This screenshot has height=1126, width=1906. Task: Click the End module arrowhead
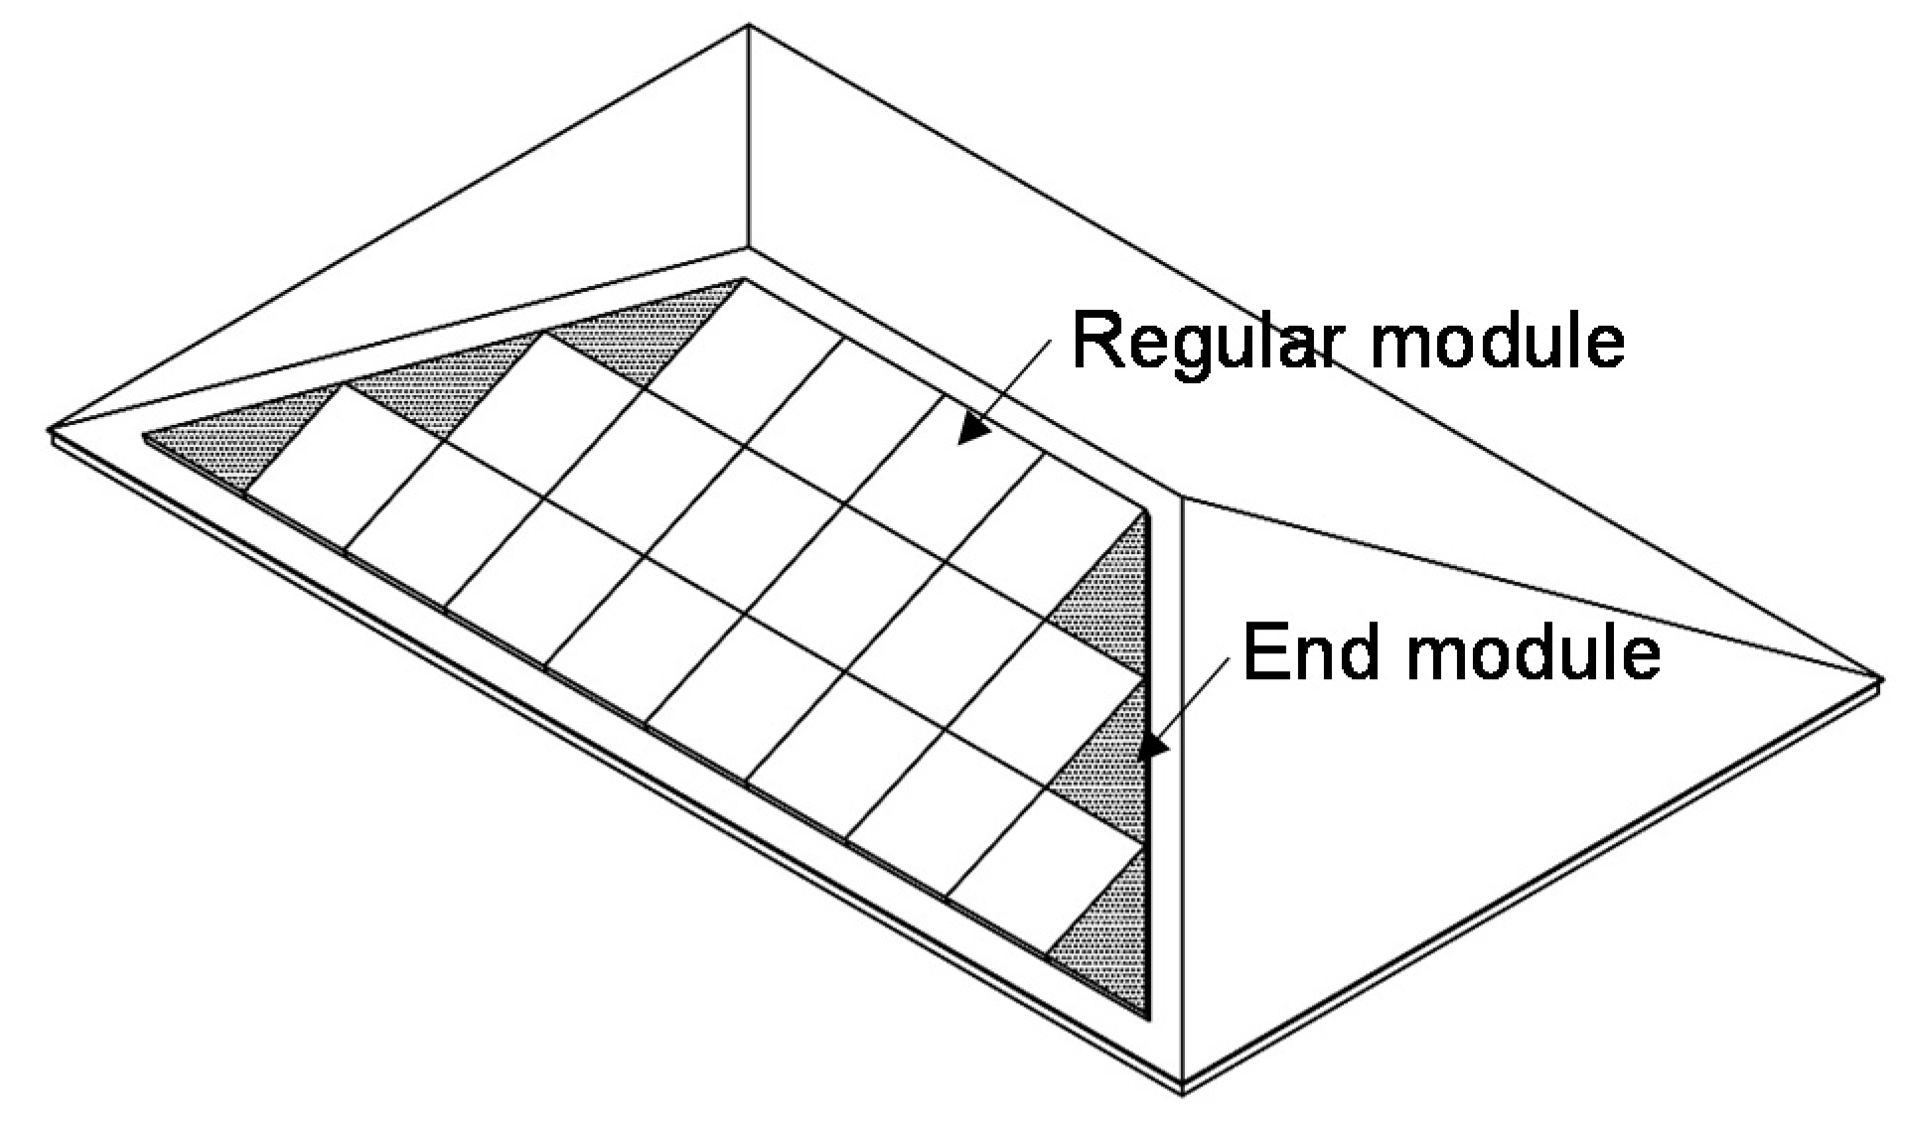(x=1149, y=747)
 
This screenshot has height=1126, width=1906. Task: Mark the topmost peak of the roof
(x=748, y=27)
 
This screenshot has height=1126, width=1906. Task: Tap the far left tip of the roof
(x=50, y=432)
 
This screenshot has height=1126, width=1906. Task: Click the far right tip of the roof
(x=1880, y=678)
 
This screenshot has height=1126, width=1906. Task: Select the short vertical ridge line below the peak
(x=748, y=139)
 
